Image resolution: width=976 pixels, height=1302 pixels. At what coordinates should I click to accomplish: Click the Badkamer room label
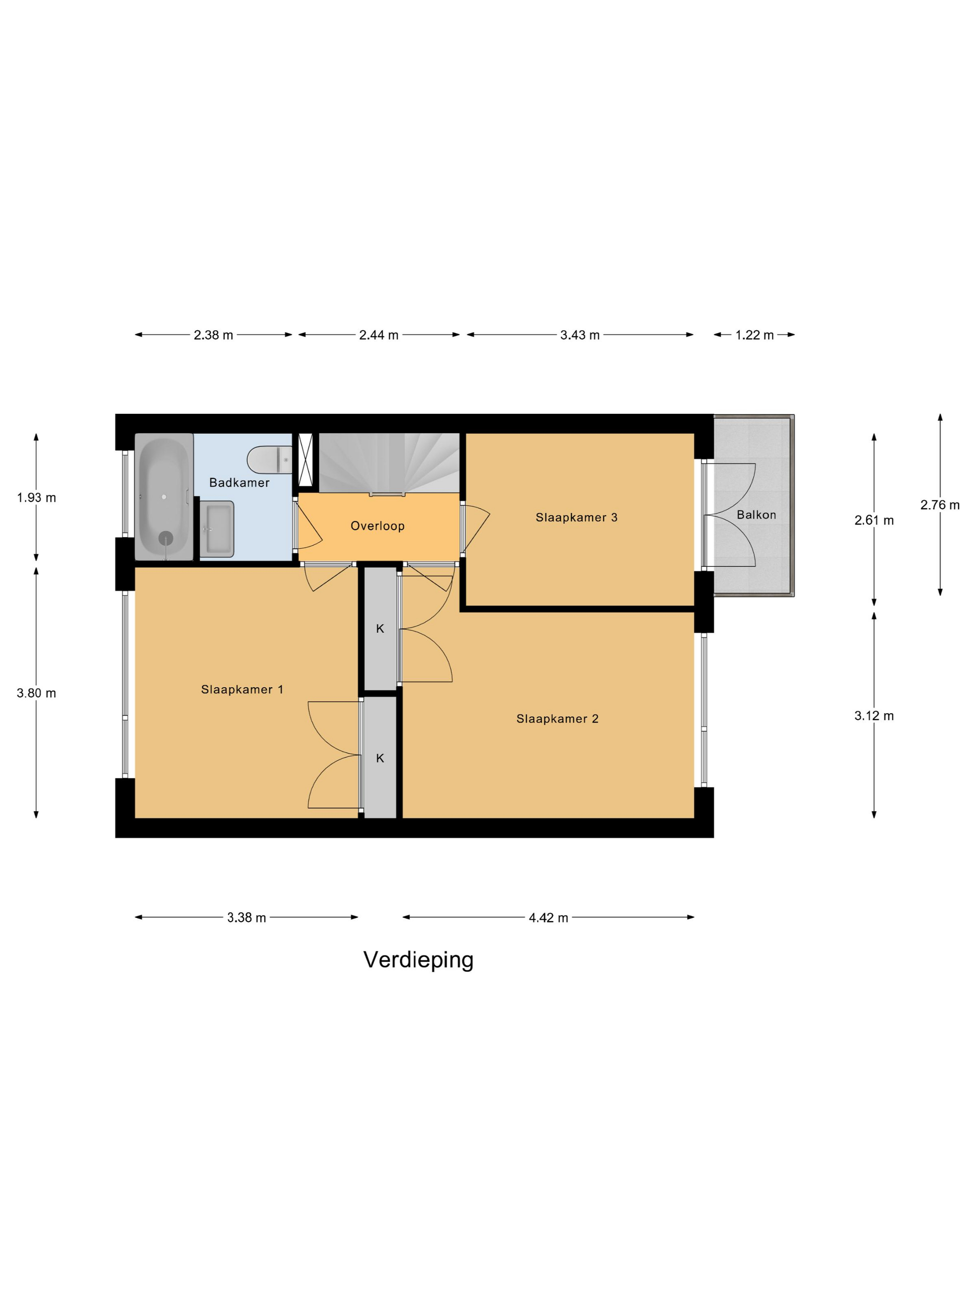click(239, 483)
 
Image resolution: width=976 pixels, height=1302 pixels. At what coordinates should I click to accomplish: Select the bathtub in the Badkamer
click(164, 497)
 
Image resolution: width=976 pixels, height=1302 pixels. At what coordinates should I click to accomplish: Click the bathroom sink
click(217, 529)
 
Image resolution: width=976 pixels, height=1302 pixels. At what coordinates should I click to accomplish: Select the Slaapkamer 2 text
click(557, 719)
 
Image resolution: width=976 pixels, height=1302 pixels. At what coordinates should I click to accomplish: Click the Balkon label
click(756, 515)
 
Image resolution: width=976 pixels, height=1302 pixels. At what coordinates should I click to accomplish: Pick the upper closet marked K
click(380, 628)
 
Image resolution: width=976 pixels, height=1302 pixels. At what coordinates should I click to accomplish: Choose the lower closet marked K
click(380, 757)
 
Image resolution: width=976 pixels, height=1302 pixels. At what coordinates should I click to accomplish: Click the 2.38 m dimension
click(213, 335)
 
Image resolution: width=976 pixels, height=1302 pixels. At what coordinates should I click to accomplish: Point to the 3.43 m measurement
click(580, 335)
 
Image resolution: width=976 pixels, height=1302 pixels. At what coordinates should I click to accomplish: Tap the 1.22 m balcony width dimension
click(754, 335)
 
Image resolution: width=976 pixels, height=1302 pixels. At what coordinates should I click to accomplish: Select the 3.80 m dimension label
click(36, 693)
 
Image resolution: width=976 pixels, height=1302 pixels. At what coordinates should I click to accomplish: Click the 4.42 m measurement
click(548, 917)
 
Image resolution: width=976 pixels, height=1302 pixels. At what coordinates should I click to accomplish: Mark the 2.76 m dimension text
click(940, 505)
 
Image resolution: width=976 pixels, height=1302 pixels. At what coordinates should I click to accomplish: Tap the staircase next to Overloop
click(389, 463)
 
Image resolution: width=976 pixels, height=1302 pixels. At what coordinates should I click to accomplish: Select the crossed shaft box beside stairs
click(306, 460)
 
